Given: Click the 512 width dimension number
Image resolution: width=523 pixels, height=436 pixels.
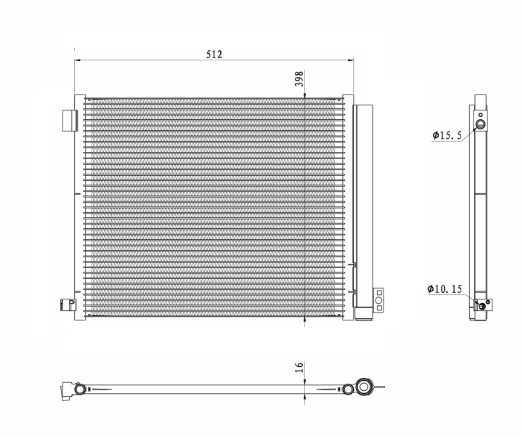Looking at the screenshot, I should click(x=213, y=54).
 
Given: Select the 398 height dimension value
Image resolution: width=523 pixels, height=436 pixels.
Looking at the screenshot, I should click(x=299, y=78).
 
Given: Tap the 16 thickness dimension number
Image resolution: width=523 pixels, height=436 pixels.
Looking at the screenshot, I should click(x=299, y=368).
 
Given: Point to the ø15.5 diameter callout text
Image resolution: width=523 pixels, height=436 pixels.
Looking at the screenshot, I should click(x=447, y=135).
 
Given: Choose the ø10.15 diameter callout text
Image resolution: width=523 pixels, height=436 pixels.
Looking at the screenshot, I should click(x=445, y=289).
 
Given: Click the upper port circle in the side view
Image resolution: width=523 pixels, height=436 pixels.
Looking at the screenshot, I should click(x=480, y=126).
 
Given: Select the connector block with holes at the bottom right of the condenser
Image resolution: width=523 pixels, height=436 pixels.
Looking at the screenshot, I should click(x=378, y=299).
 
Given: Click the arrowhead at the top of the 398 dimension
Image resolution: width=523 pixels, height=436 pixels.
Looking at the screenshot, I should click(x=304, y=93).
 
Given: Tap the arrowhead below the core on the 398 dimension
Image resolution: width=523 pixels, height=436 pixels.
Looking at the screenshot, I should click(x=304, y=320).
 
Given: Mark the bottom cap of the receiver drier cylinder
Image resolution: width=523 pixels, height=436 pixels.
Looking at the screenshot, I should click(x=362, y=315).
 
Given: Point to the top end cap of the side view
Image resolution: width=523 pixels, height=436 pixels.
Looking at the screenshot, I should click(x=479, y=100).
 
